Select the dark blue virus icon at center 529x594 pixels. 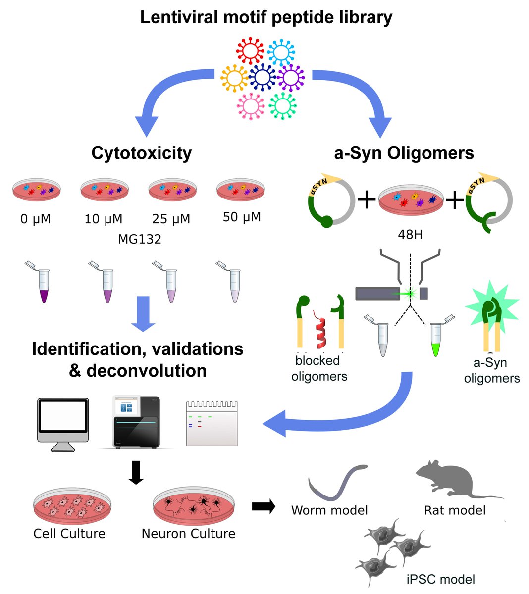click(263, 77)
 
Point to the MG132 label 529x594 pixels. click(140, 240)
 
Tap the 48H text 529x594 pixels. click(410, 234)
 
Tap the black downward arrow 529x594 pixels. click(136, 473)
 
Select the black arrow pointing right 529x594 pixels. click(264, 506)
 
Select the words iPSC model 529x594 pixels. click(440, 579)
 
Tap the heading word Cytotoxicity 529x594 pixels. click(141, 153)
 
